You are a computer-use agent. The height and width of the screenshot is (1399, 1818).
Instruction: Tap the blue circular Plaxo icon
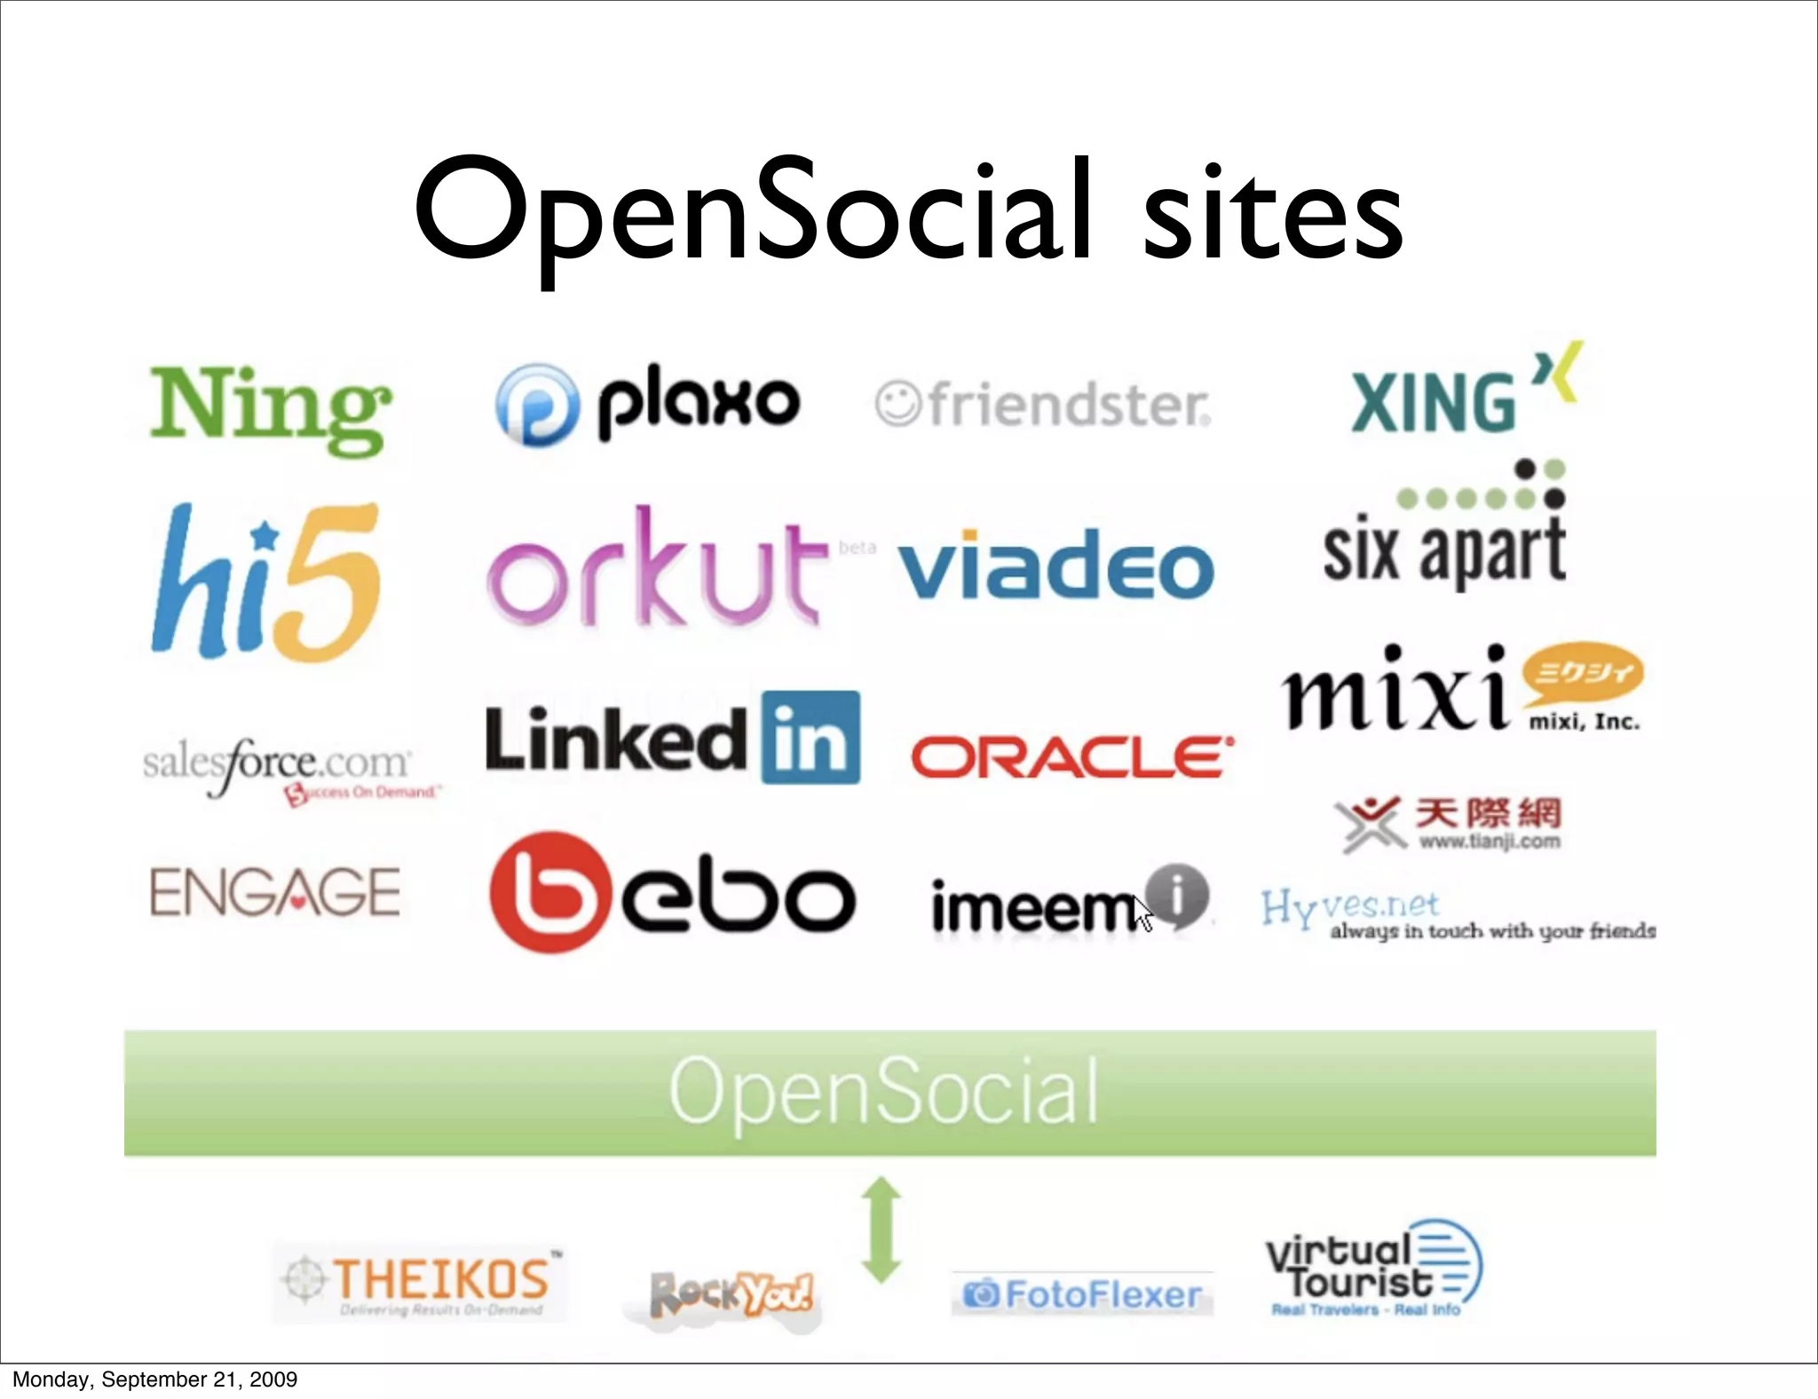point(537,405)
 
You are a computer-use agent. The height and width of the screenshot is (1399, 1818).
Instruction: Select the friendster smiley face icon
point(897,404)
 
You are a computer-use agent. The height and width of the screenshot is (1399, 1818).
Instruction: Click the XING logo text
point(1433,403)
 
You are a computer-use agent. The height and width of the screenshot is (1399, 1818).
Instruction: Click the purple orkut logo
point(652,569)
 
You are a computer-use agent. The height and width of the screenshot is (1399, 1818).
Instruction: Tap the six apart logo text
point(1444,550)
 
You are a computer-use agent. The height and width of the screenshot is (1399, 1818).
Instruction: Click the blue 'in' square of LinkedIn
point(810,738)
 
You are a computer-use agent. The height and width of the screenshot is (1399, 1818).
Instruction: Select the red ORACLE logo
point(1071,757)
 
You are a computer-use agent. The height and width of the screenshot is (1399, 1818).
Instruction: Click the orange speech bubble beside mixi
point(1583,673)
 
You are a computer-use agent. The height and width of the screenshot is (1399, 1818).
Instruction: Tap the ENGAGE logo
point(275,893)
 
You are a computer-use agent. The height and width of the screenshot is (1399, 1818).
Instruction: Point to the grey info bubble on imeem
point(1177,895)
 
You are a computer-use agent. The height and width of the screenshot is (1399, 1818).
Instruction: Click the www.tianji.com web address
point(1489,841)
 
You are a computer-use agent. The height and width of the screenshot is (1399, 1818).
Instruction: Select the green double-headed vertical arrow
point(881,1230)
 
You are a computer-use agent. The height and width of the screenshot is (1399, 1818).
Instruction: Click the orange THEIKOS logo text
point(441,1280)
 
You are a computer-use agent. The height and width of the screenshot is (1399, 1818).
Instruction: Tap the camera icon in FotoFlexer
point(980,1295)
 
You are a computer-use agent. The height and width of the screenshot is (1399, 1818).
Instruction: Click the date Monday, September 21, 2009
point(154,1379)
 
